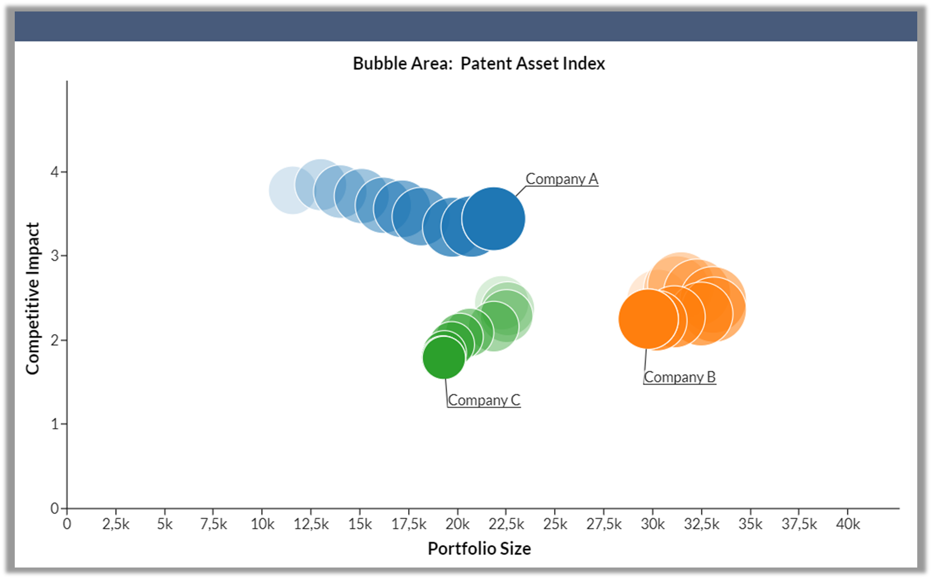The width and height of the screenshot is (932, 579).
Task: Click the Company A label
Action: pos(562,179)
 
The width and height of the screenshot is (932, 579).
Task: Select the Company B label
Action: pos(680,377)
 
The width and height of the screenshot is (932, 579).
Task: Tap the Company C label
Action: pos(484,400)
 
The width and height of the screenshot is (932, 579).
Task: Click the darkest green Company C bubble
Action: pos(444,358)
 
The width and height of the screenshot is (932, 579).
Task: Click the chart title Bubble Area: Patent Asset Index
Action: pos(479,63)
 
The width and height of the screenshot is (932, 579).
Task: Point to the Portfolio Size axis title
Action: pos(479,548)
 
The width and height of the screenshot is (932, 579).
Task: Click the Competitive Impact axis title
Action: pos(33,299)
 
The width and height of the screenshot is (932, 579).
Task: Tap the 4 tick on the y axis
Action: pos(55,172)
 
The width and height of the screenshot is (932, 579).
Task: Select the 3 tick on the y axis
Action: pos(55,256)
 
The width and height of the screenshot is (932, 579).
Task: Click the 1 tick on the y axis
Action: pos(55,424)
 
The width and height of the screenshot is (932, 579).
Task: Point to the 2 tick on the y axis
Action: pos(55,340)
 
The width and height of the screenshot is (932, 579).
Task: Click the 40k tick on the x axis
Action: pos(848,524)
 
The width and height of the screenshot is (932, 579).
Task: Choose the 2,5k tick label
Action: pos(116,524)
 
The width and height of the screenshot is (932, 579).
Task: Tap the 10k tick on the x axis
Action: pos(262,524)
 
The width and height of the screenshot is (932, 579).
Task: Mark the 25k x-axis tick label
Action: pos(555,524)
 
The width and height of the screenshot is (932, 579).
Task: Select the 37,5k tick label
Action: pos(799,524)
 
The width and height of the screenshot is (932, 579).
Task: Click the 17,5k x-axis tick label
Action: pos(409,524)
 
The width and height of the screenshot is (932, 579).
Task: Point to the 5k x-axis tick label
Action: pos(164,524)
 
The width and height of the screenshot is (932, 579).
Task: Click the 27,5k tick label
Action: pos(604,524)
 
